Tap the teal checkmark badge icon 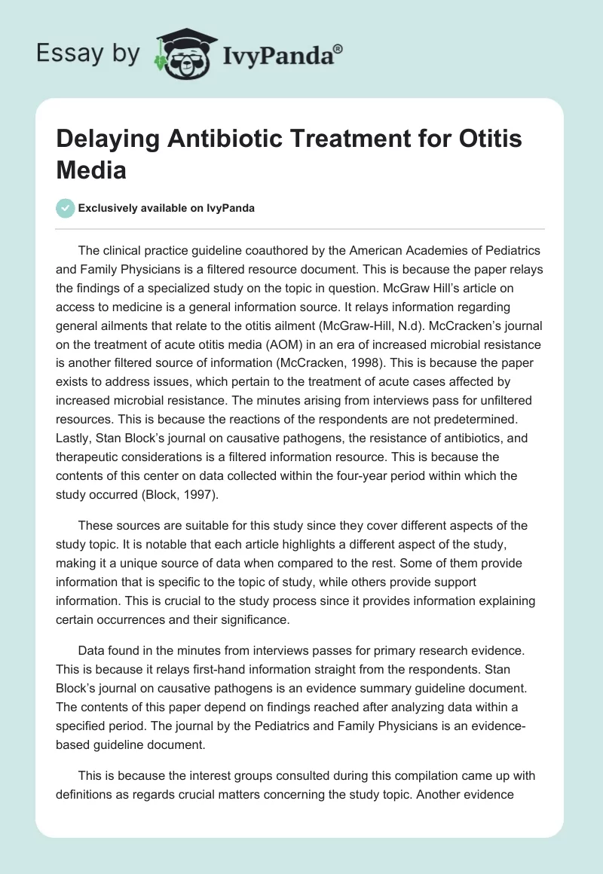66,208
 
